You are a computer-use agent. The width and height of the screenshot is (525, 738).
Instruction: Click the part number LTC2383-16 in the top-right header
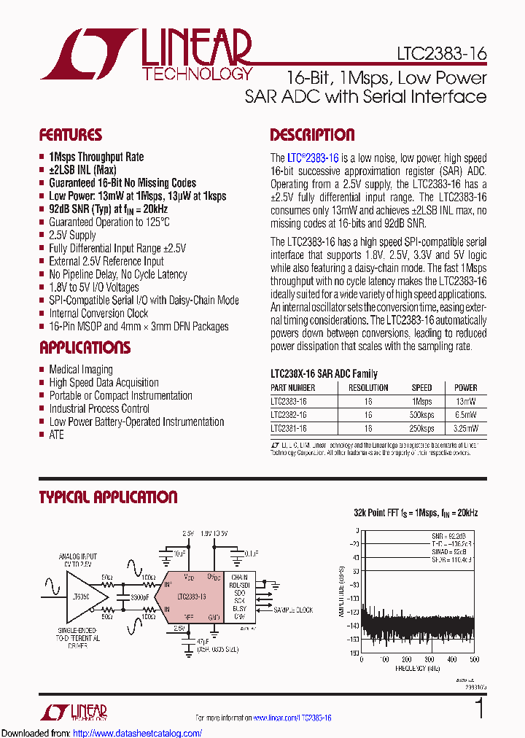441,53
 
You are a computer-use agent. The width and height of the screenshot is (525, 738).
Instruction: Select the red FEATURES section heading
70,135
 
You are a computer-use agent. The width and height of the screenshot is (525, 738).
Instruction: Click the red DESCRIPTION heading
312,135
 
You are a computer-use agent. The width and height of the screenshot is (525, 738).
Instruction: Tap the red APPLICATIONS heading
85,347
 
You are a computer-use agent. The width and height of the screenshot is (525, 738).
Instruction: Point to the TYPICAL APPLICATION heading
108,497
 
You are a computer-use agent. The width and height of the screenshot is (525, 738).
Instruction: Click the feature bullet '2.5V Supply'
72,235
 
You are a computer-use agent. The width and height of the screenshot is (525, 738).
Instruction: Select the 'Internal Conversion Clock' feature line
98,314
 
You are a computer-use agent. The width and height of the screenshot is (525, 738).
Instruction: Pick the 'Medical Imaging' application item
80,370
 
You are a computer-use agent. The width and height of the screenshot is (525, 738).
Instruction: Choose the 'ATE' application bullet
56,435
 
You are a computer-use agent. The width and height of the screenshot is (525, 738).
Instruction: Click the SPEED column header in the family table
421,388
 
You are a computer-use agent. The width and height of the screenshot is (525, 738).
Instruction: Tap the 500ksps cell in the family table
421,415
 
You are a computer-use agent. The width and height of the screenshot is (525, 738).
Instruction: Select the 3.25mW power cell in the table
465,429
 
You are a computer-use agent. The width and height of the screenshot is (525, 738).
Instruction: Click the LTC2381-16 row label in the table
289,429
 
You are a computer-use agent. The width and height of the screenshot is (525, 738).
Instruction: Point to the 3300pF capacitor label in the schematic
139,596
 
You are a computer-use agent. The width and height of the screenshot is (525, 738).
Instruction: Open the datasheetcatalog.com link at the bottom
138,732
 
